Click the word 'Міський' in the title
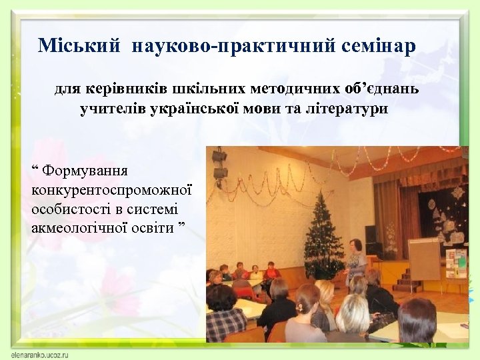(x=79, y=46)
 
